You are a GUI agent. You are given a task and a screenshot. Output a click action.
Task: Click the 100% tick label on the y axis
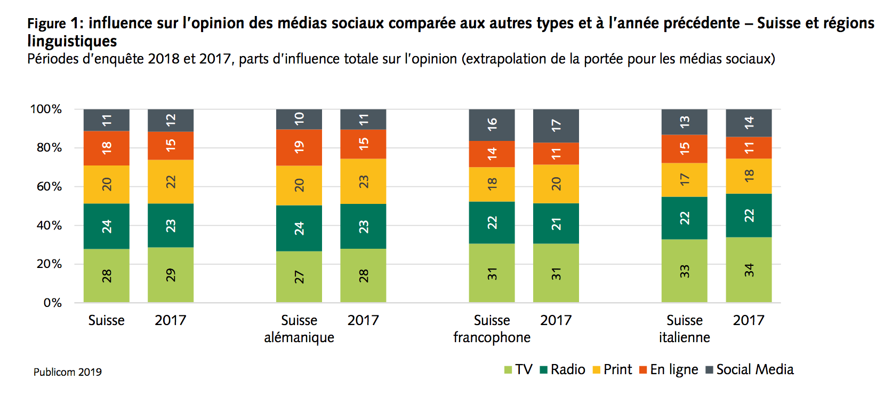(x=46, y=109)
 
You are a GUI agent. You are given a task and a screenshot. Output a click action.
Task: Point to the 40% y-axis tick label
(x=49, y=225)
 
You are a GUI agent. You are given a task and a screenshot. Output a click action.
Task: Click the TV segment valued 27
(x=299, y=276)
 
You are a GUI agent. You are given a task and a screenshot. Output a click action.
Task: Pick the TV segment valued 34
(x=749, y=270)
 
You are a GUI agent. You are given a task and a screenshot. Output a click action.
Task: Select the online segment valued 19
(x=299, y=147)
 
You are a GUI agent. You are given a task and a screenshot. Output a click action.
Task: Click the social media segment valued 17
(x=556, y=126)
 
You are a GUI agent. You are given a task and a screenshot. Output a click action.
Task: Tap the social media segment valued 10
(x=299, y=119)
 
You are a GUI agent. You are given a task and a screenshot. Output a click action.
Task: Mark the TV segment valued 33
(x=684, y=271)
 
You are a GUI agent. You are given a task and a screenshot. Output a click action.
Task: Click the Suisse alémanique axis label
(x=299, y=329)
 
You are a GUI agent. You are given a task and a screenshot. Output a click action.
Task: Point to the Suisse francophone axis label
(x=492, y=329)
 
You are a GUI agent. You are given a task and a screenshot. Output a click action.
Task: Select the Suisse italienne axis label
(x=684, y=329)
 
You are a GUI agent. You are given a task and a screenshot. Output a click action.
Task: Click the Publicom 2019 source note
(x=68, y=372)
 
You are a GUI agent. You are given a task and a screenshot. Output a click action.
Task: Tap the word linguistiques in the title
(x=72, y=41)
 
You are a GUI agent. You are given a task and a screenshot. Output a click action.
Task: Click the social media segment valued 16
(x=492, y=125)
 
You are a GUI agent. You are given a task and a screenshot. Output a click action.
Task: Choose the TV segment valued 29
(x=171, y=275)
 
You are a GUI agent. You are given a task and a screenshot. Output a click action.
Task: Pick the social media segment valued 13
(x=684, y=122)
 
